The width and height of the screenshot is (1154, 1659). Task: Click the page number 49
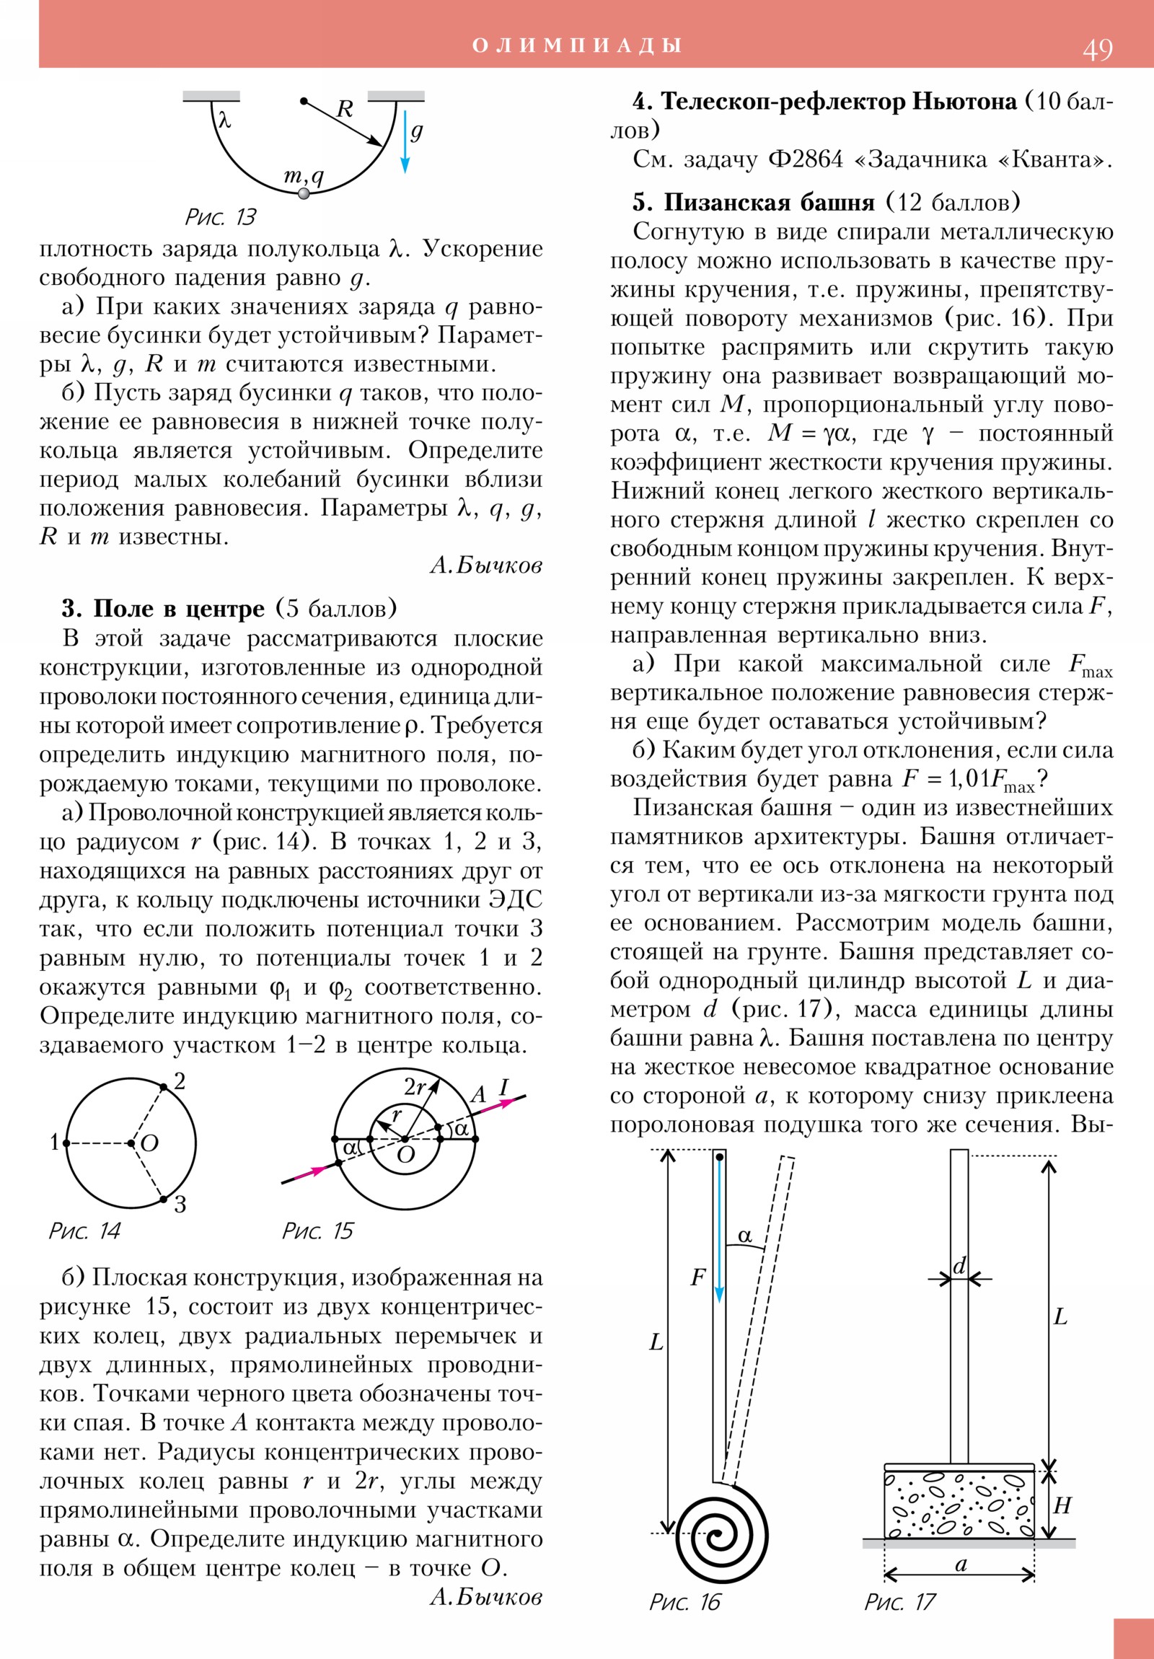1097,49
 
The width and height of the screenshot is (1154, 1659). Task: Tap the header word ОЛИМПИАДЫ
576,45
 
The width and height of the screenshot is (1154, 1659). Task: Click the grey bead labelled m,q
304,193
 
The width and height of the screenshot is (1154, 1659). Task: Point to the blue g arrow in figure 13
405,141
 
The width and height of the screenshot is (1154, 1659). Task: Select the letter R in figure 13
345,109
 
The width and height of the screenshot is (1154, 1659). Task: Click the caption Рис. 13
221,217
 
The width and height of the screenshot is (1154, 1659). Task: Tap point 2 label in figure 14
180,1081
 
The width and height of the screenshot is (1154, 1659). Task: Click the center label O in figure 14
149,1143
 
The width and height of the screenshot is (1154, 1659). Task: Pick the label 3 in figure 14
180,1204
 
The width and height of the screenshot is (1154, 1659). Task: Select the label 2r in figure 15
415,1087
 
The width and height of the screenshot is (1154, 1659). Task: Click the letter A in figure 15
478,1095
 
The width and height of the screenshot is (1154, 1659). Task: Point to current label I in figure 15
503,1087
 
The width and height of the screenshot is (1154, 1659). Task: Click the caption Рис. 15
317,1231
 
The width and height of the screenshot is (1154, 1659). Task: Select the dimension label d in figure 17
959,1266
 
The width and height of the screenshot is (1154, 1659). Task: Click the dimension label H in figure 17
1062,1505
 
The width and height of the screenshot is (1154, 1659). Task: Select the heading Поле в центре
178,608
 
